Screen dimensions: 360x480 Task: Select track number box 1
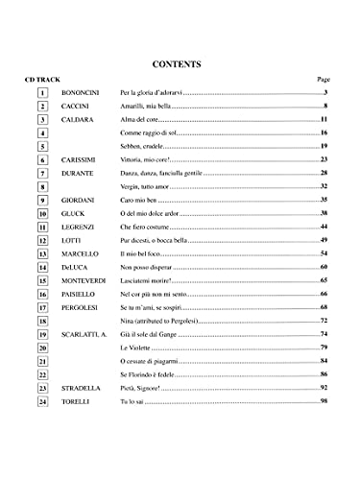tap(44, 92)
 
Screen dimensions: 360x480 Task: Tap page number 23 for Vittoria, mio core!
tap(324, 159)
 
